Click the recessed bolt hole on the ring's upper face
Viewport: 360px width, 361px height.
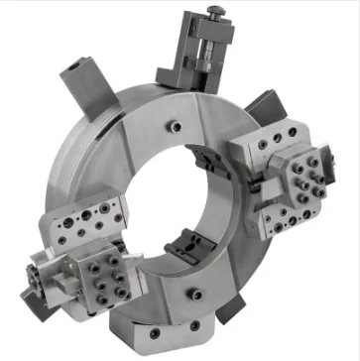pyautogui.click(x=176, y=127)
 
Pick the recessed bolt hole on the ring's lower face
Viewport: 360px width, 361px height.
pyautogui.click(x=196, y=293)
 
